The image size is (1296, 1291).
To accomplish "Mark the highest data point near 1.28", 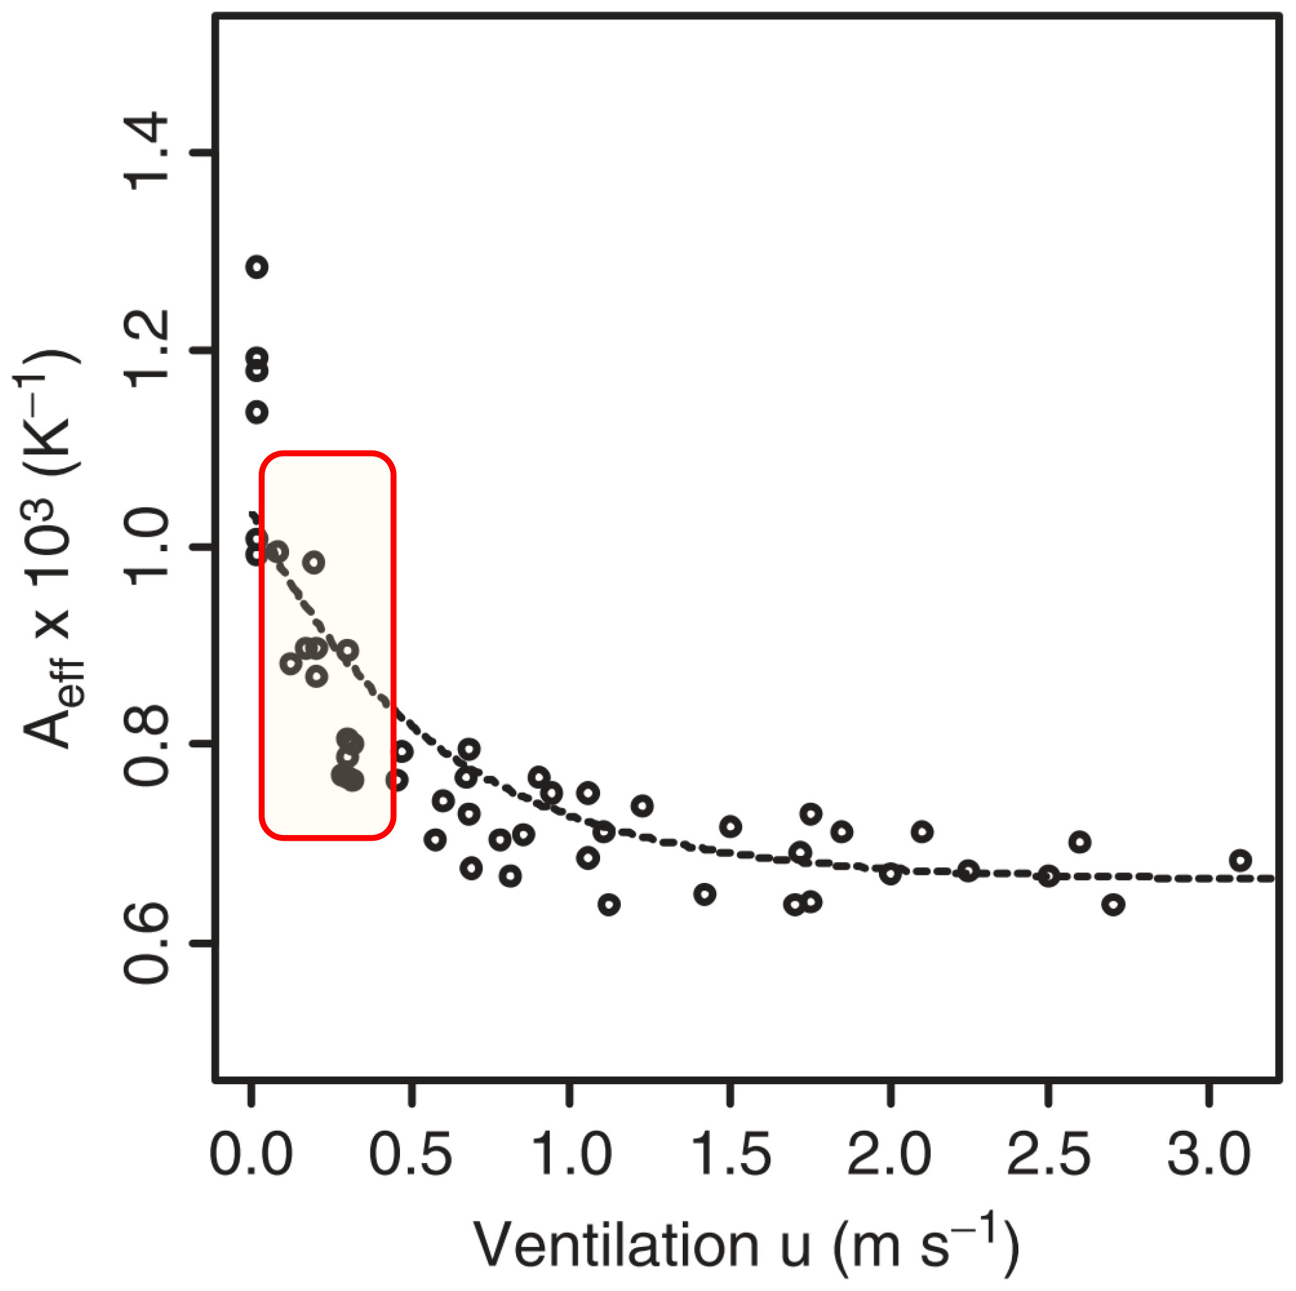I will click(257, 267).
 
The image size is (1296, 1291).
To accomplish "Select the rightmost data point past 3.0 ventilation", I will click(1240, 860).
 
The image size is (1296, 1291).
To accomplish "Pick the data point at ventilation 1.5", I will click(731, 827).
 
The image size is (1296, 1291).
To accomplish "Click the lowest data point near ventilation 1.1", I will click(608, 904).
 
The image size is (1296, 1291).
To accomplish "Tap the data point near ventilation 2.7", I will click(1114, 904).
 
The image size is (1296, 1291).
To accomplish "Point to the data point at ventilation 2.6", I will click(1080, 842).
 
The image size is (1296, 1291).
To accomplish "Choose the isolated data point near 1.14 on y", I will click(257, 412).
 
